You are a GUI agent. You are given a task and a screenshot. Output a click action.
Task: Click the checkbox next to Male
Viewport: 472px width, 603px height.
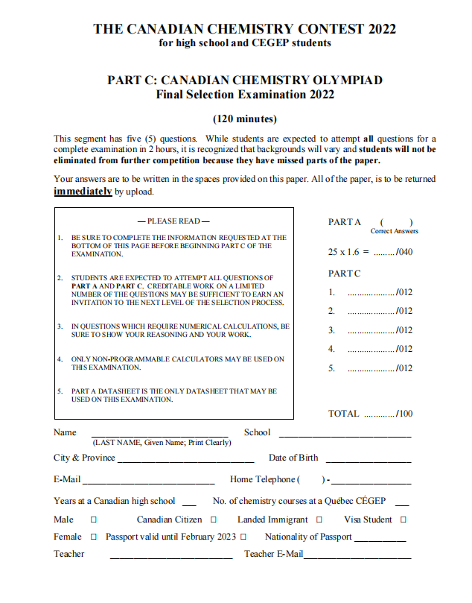click(94, 520)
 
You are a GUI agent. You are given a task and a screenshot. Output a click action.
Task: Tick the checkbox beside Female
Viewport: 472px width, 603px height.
click(94, 537)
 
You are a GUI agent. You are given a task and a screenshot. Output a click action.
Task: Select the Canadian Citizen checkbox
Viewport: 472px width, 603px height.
click(214, 520)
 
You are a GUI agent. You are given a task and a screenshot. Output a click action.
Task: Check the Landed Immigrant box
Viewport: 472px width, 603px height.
click(319, 520)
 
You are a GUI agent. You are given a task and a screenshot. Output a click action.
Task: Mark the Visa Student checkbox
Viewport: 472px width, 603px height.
click(404, 520)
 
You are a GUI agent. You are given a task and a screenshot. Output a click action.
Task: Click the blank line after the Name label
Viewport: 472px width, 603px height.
click(161, 435)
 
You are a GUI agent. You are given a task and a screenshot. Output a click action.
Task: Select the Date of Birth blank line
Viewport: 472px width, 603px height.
click(368, 461)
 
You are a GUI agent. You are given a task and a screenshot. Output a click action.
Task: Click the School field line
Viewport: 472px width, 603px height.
click(344, 435)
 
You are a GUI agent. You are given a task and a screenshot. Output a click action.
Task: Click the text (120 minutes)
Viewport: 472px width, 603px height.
click(245, 119)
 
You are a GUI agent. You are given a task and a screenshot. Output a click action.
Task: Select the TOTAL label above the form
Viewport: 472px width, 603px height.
click(343, 414)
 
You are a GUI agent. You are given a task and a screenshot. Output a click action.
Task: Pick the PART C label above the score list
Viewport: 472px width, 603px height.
click(345, 274)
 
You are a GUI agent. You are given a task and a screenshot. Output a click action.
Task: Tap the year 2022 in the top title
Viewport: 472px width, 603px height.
click(377, 30)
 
